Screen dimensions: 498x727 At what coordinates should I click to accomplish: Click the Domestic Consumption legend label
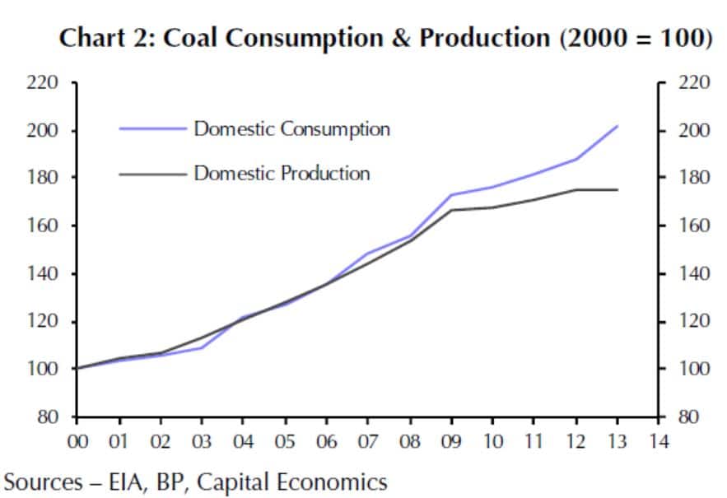291,129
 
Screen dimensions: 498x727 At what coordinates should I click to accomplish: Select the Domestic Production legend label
282,173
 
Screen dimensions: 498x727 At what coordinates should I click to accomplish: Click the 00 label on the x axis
77,442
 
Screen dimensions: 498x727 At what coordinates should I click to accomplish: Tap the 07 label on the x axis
368,442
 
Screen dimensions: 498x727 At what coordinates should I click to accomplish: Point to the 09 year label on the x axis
451,442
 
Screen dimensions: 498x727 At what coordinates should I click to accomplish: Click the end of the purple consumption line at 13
617,127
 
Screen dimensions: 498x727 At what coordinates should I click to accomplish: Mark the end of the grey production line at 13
617,190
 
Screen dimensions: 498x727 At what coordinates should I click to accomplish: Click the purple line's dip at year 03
202,347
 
